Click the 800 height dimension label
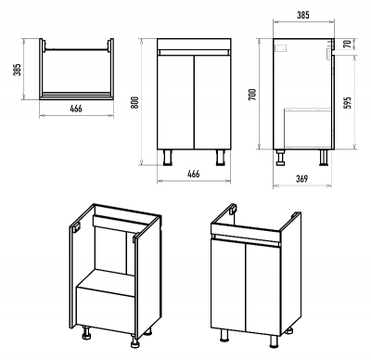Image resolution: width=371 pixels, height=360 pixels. (x=134, y=102)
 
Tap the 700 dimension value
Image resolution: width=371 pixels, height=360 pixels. (x=252, y=95)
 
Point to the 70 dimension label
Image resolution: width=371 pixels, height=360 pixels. (x=348, y=44)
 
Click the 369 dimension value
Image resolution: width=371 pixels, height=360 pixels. (x=302, y=179)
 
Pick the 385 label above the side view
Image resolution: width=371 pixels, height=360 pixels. (x=303, y=15)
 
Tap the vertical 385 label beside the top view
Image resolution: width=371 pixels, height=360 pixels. (x=17, y=70)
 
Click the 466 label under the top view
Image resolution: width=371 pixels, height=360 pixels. (x=76, y=109)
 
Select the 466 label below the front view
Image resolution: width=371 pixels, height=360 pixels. (x=194, y=174)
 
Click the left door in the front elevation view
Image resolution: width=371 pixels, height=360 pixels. (x=175, y=102)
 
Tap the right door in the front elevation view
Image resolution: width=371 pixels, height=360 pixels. (x=212, y=102)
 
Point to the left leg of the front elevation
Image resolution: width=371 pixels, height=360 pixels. (x=167, y=158)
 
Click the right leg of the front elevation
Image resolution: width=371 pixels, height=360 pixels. (x=221, y=158)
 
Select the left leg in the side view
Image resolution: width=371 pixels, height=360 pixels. (x=281, y=158)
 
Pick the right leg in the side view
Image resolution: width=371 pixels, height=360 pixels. (x=324, y=158)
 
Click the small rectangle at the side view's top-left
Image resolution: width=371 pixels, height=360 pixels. (x=281, y=48)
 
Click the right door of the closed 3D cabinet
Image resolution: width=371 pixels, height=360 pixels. (x=263, y=290)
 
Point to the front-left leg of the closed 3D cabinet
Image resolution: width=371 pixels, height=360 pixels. (x=223, y=335)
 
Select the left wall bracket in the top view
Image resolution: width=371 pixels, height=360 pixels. (x=45, y=45)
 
